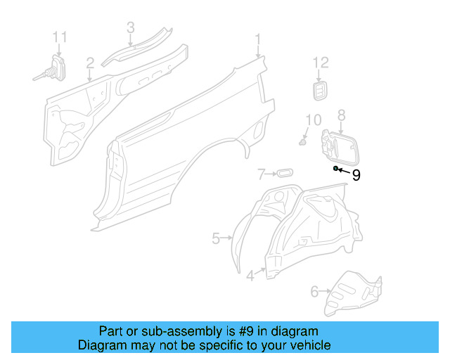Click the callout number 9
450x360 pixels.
pyautogui.click(x=356, y=175)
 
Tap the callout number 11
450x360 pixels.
pyautogui.click(x=60, y=36)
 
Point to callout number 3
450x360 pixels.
pyautogui.click(x=131, y=27)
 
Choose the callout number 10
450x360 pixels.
pyautogui.click(x=314, y=120)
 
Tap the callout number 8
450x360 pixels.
pyautogui.click(x=342, y=115)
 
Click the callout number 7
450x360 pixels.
pyautogui.click(x=260, y=174)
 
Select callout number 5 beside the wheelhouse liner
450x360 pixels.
pyautogui.click(x=217, y=238)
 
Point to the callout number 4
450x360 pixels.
pyautogui.click(x=250, y=276)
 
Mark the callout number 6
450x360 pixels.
pyautogui.click(x=314, y=289)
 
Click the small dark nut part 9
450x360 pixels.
pyautogui.click(x=337, y=169)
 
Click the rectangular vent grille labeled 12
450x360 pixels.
pyautogui.click(x=320, y=91)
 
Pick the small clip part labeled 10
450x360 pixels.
pyautogui.click(x=304, y=141)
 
